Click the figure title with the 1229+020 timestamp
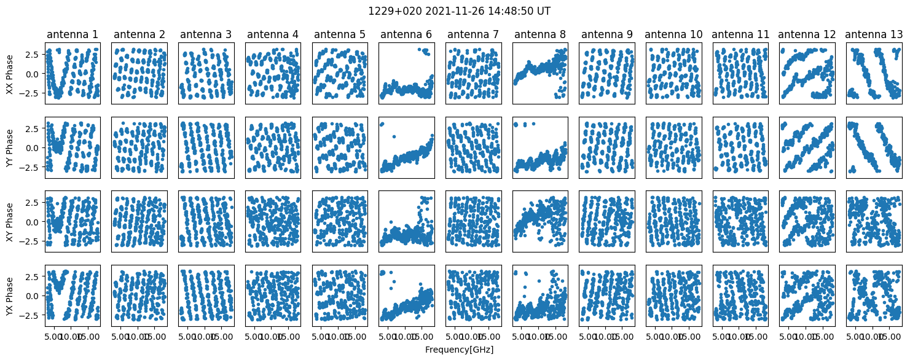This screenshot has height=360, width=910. [455, 11]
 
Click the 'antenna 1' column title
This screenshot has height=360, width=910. [73, 34]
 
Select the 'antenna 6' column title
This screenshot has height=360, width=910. [407, 34]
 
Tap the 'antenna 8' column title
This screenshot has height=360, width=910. [540, 34]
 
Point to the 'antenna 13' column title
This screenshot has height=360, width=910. [874, 34]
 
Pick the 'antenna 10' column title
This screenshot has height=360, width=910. [673, 34]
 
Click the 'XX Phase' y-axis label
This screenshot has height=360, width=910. [9, 74]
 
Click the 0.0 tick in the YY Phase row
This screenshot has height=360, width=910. [33, 148]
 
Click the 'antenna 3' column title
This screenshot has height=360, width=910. [206, 34]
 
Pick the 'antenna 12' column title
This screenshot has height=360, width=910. [807, 34]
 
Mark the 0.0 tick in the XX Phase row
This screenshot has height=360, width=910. [33, 74]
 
